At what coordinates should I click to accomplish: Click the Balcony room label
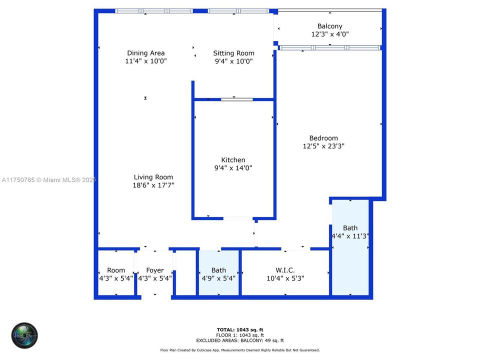click(x=329, y=26)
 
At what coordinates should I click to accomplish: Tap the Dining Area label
click(x=145, y=53)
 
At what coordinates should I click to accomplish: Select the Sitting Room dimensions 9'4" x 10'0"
click(x=233, y=61)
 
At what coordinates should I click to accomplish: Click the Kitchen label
click(x=233, y=160)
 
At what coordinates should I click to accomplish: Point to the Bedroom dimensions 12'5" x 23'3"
click(x=323, y=146)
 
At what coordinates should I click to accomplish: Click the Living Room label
click(x=153, y=177)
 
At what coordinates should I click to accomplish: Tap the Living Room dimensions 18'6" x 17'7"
click(x=153, y=185)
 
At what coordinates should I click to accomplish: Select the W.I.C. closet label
click(x=285, y=270)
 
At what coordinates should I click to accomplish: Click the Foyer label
click(x=155, y=270)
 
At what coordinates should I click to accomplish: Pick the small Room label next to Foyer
click(x=116, y=270)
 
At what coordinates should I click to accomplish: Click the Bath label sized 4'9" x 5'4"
click(x=218, y=270)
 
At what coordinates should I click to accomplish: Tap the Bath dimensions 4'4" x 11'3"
click(x=350, y=236)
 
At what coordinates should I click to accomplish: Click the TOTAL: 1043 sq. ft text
click(x=240, y=329)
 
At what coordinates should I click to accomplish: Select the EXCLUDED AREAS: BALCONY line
click(x=240, y=340)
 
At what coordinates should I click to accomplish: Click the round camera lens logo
click(x=24, y=335)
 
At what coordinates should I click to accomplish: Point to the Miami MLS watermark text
click(x=48, y=180)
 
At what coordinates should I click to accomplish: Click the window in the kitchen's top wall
click(x=237, y=99)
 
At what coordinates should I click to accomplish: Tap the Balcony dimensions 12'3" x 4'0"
click(x=329, y=34)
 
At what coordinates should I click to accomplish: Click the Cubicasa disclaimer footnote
click(x=240, y=350)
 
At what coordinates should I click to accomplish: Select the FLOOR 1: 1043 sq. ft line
click(x=240, y=335)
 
